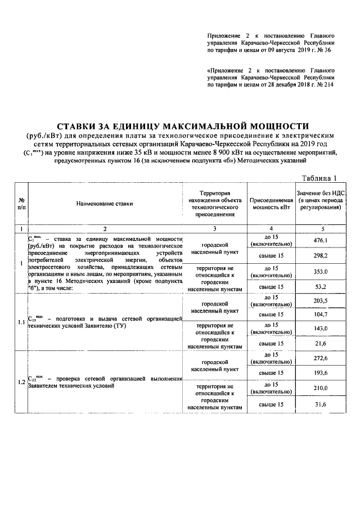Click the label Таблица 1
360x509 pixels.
click(319, 178)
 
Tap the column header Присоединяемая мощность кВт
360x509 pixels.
click(271, 204)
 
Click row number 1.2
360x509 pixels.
click(21, 382)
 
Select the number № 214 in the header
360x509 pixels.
click(323, 85)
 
